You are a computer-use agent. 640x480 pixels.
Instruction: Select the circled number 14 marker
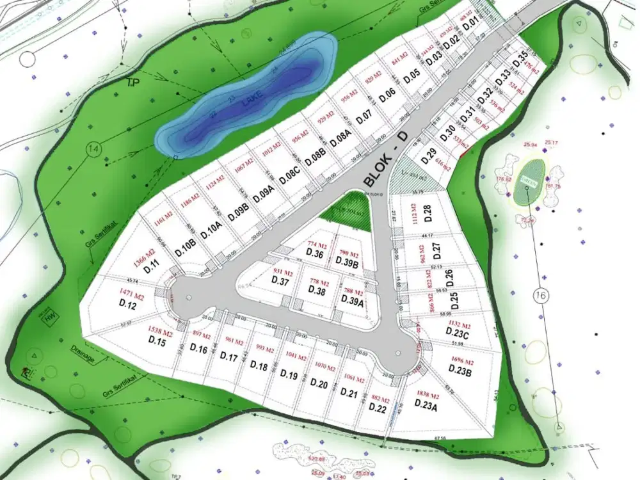(94, 150)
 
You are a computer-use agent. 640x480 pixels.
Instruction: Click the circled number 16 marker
(539, 295)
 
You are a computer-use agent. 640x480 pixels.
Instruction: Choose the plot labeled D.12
(128, 306)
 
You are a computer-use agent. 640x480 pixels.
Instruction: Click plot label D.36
(315, 253)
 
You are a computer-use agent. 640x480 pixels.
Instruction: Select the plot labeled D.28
(428, 212)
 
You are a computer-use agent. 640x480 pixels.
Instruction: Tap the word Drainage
(82, 356)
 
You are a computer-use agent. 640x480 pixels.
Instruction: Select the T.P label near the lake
(133, 83)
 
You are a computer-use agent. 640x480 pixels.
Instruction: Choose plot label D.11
(151, 269)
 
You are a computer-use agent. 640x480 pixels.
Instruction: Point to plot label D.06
(387, 95)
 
